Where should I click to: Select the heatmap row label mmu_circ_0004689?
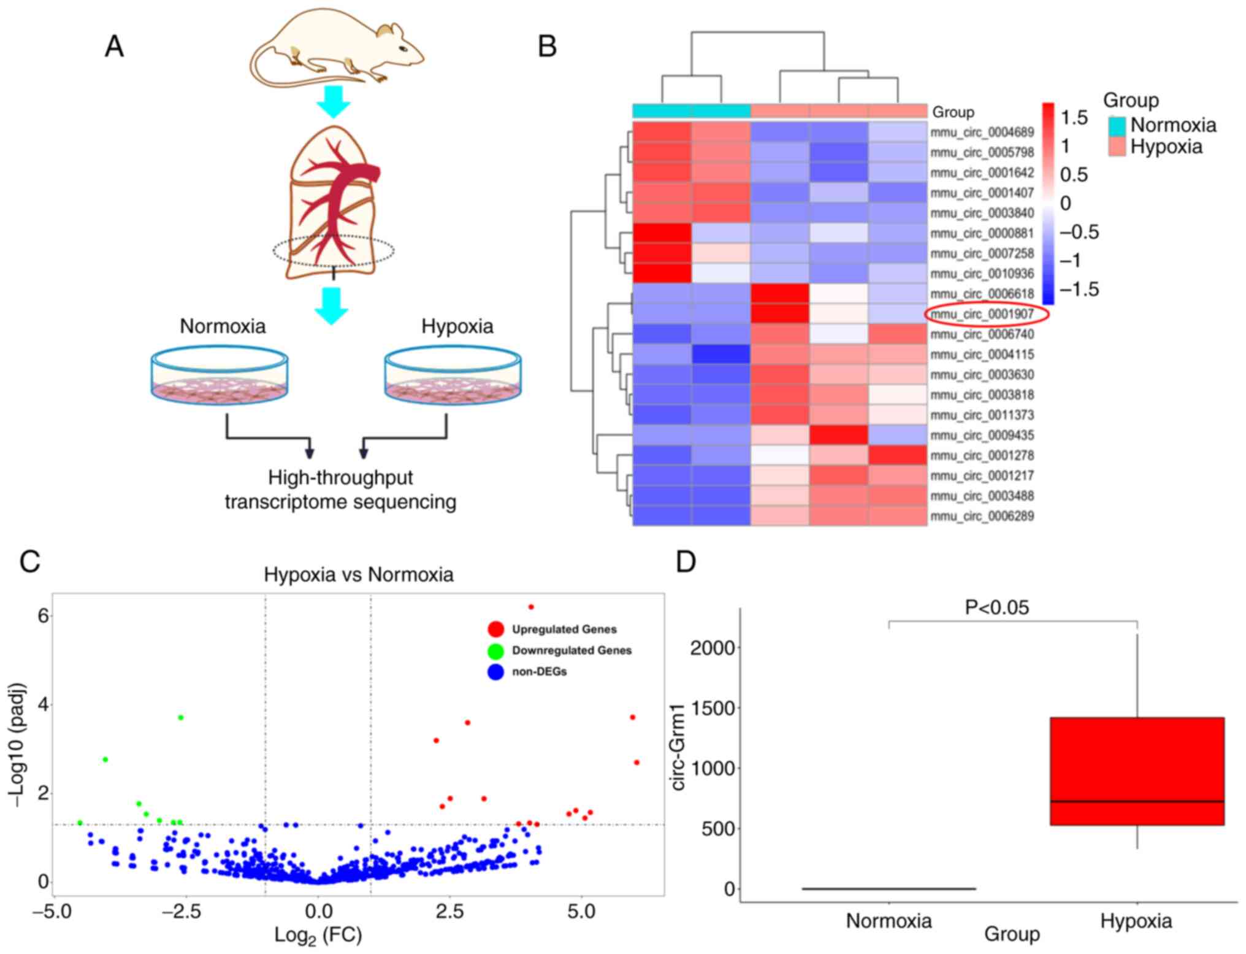tap(982, 132)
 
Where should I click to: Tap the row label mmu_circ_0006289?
tap(982, 516)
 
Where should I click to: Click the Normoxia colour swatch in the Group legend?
tap(1117, 125)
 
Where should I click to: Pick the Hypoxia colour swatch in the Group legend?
tap(1117, 147)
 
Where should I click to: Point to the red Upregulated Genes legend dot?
tap(495, 629)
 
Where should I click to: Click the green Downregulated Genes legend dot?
tap(495, 650)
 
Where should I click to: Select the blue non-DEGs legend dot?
tap(495, 672)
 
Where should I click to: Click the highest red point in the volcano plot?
tap(531, 607)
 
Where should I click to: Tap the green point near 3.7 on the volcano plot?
tap(180, 717)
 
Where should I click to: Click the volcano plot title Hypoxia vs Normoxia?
tap(359, 575)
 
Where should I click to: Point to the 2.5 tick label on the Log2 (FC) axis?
tap(449, 912)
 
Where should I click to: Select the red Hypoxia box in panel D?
tap(1137, 771)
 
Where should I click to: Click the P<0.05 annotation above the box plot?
tap(997, 607)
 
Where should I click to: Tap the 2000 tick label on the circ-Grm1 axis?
tap(712, 647)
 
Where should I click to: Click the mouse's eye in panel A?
tap(402, 49)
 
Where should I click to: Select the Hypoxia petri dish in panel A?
tap(453, 375)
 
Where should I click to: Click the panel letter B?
tap(547, 47)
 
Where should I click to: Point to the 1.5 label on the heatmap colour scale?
tap(1074, 117)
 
